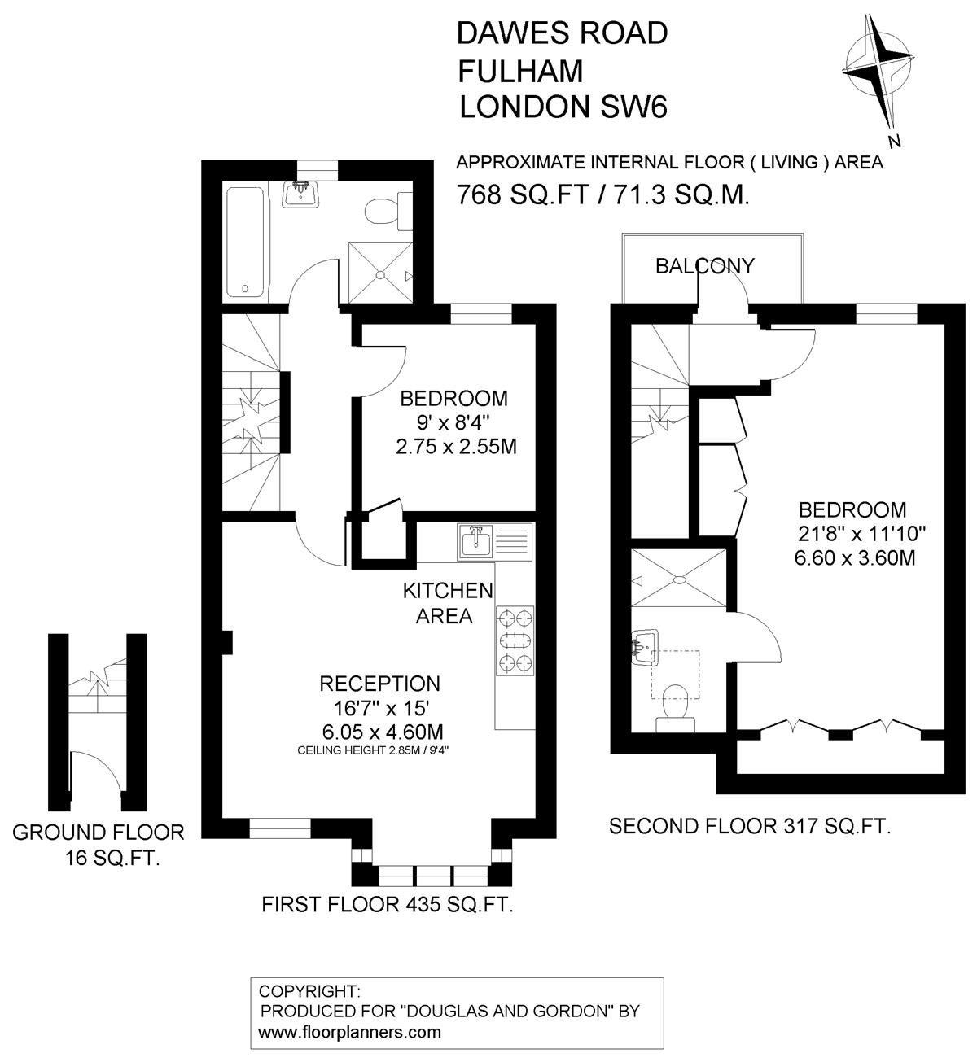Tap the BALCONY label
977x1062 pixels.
coord(705,266)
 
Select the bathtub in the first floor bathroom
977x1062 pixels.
coord(245,243)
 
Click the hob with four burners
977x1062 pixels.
coord(515,640)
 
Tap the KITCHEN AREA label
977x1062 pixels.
coord(448,603)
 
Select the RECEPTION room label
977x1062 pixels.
coord(380,684)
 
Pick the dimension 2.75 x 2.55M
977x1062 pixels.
coord(456,447)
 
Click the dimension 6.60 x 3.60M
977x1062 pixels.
coord(855,558)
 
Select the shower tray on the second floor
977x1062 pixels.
coord(679,578)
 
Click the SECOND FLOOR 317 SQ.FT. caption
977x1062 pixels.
coord(750,826)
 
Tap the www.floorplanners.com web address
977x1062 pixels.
coord(350,1032)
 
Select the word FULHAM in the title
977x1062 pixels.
coord(520,71)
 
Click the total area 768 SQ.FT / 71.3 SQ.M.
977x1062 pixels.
coord(603,194)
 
